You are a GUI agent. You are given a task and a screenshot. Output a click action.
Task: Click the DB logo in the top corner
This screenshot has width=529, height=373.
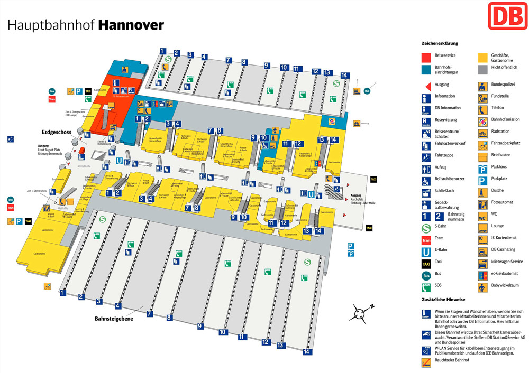(x=508, y=16)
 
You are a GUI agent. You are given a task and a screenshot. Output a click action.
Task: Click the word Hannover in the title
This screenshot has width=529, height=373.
(x=131, y=25)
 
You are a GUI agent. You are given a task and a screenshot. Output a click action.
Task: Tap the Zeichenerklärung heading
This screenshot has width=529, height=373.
(x=440, y=43)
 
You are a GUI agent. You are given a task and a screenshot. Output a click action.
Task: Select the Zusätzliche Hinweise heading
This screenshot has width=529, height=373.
(x=443, y=300)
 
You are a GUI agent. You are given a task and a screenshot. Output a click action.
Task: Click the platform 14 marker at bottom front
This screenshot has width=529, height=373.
(x=306, y=351)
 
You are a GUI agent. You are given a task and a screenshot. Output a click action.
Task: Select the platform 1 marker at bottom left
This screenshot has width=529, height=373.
(x=63, y=292)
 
